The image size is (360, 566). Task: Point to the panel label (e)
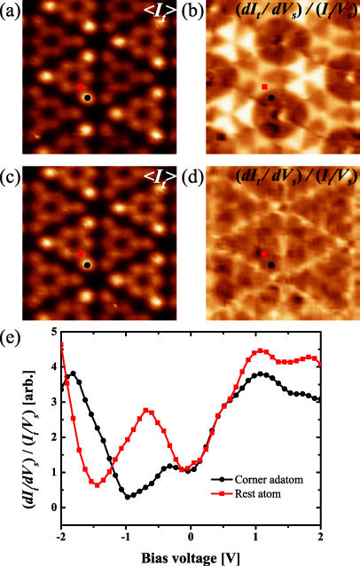click(14, 339)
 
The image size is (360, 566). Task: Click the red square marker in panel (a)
click(80, 87)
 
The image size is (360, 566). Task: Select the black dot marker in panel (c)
click(87, 264)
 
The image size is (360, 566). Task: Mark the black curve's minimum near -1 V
click(129, 497)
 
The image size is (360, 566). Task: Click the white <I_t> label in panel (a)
click(154, 13)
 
